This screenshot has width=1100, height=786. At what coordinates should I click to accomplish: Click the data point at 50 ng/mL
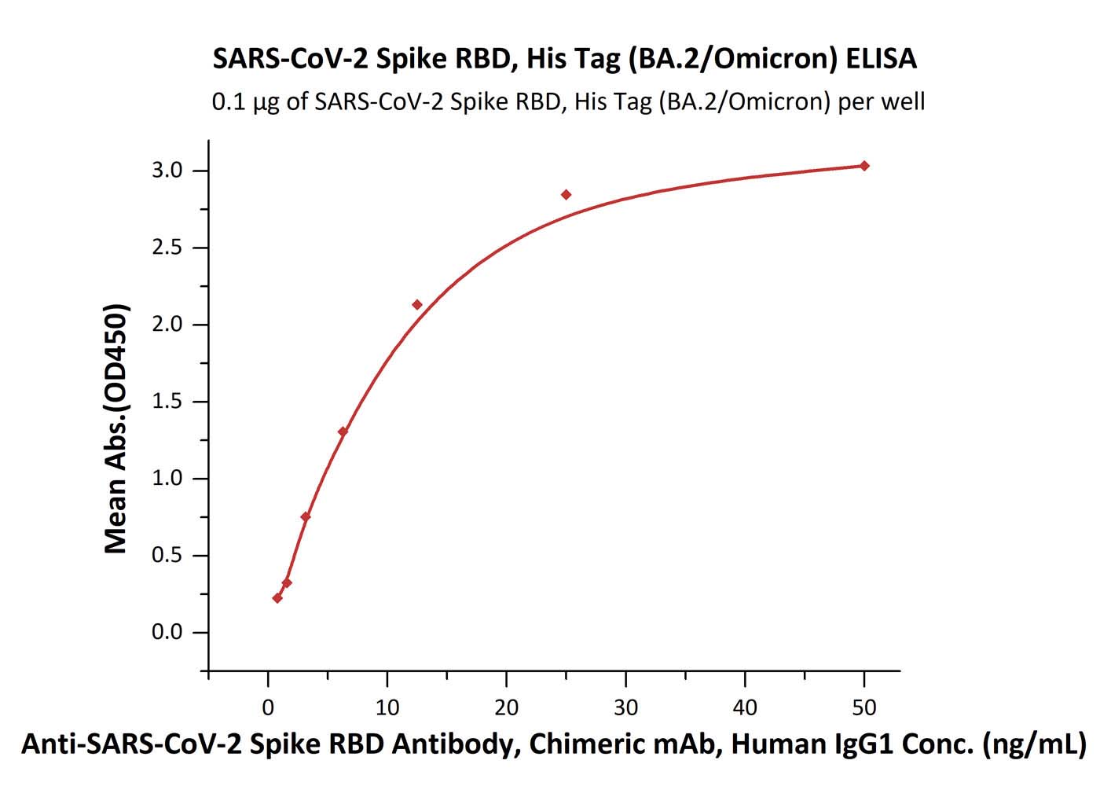pos(864,166)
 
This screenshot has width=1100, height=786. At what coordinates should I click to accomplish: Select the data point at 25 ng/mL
pos(566,195)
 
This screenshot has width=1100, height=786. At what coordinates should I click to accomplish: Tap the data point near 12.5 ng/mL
pos(417,305)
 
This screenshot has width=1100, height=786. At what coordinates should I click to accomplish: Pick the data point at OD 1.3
pos(343,432)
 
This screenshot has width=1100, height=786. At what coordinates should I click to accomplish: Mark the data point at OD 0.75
pos(306,516)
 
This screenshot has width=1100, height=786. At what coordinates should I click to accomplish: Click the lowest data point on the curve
pos(277,598)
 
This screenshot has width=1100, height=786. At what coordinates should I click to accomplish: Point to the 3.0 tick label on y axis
pos(167,171)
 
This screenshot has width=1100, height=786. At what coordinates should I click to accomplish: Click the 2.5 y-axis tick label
pos(167,248)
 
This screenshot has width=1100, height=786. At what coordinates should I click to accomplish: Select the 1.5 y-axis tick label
pos(167,402)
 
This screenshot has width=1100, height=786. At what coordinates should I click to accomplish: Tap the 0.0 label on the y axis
pos(167,633)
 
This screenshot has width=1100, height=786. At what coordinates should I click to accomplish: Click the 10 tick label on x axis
pos(387,707)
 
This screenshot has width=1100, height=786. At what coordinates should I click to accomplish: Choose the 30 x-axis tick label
pos(626,707)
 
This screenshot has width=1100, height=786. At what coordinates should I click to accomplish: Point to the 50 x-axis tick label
pos(864,707)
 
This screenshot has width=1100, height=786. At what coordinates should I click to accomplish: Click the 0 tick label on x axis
pos(268,707)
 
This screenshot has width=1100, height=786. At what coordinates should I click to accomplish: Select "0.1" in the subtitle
pos(229,101)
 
